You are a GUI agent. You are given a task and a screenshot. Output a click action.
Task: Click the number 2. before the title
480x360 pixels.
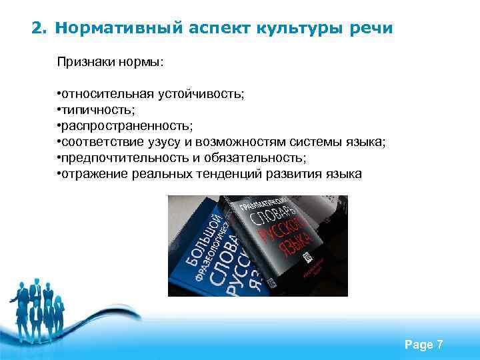tap(40, 29)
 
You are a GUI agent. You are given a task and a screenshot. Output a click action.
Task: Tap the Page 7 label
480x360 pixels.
tap(423, 345)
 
